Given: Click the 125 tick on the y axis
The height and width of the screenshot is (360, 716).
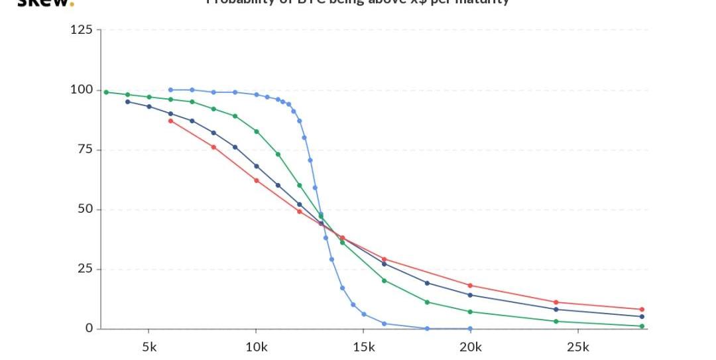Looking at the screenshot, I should (x=82, y=30).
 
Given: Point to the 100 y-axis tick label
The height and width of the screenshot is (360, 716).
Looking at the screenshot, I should (x=82, y=90).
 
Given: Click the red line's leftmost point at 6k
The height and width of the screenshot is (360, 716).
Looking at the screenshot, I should (x=170, y=121).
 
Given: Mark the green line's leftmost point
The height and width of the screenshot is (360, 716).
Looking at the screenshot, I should (x=106, y=92).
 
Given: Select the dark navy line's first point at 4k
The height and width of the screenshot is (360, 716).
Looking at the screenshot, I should (x=127, y=101).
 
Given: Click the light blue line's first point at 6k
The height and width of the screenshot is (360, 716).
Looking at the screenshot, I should (x=170, y=90).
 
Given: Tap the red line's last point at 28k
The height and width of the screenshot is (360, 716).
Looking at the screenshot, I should (x=642, y=310).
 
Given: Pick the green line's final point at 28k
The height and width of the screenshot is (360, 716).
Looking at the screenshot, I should (x=642, y=326).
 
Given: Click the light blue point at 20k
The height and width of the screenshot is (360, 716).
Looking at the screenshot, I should (x=470, y=329).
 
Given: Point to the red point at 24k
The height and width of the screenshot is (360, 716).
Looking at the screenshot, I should (x=556, y=302).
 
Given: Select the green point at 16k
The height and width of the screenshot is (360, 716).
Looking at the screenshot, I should (x=384, y=280).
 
